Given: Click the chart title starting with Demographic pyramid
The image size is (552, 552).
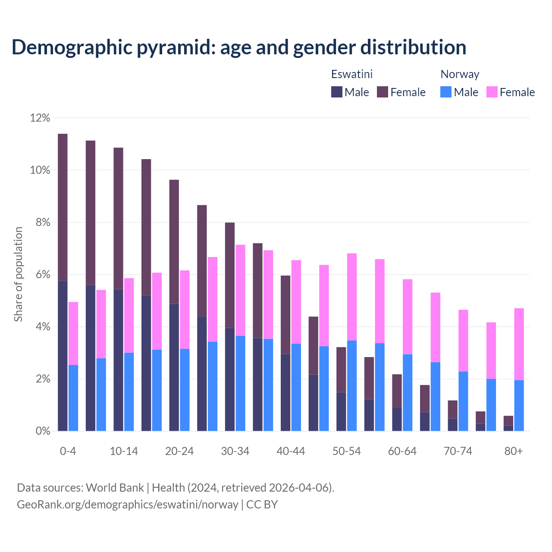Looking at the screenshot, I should pyautogui.click(x=238, y=47).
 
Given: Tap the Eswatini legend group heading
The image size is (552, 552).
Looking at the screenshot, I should pyautogui.click(x=351, y=74).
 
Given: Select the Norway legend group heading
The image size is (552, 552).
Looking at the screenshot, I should pyautogui.click(x=460, y=74).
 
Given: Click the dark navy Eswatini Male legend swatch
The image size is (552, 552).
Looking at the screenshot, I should pyautogui.click(x=337, y=92).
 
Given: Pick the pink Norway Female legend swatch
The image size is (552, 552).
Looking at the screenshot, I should pyautogui.click(x=492, y=92).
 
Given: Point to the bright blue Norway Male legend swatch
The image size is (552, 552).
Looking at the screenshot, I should pyautogui.click(x=446, y=92).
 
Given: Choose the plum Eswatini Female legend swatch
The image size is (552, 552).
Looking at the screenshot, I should pyautogui.click(x=383, y=92).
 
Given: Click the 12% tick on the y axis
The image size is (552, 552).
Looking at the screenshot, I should pyautogui.click(x=40, y=118).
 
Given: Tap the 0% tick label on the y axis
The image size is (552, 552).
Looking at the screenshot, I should pyautogui.click(x=43, y=431).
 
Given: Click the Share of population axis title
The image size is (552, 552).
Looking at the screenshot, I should pyautogui.click(x=19, y=274).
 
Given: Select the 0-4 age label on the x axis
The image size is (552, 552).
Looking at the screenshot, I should pyautogui.click(x=68, y=451).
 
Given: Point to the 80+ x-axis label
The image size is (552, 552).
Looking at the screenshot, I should pyautogui.click(x=514, y=451).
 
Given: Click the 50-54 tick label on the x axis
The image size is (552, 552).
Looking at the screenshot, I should pyautogui.click(x=347, y=451).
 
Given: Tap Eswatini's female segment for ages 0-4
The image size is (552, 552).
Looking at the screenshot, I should pyautogui.click(x=63, y=207).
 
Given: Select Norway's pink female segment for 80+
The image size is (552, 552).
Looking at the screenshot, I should pyautogui.click(x=519, y=344).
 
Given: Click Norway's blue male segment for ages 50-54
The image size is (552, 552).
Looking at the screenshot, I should pyautogui.click(x=352, y=386).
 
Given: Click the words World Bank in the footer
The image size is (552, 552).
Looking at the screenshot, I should pyautogui.click(x=115, y=488).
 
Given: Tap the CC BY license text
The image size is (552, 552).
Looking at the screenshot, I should pyautogui.click(x=262, y=505).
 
